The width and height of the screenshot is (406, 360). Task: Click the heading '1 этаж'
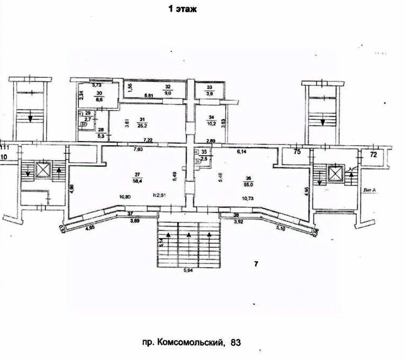[181, 10]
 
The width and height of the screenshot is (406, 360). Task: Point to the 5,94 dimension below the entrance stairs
[188, 271]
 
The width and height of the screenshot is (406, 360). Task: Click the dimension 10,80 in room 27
[126, 196]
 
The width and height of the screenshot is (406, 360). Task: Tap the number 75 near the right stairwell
[297, 152]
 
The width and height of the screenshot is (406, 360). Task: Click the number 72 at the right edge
[373, 155]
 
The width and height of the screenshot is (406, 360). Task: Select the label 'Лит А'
[370, 189]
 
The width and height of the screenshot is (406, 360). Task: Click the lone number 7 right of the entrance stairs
[256, 264]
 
